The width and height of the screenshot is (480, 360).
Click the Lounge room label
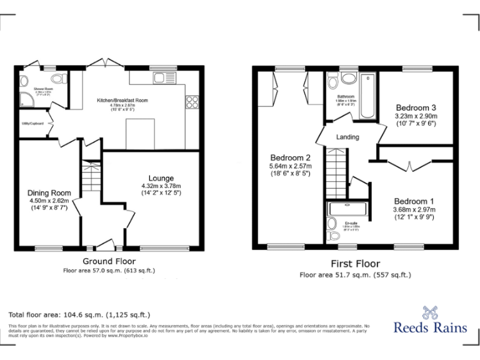(x=161, y=178)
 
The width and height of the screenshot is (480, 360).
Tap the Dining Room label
(x=49, y=192)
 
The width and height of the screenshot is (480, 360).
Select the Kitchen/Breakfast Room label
(x=122, y=100)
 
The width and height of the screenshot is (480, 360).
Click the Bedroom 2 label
(x=290, y=157)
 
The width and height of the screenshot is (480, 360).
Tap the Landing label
(x=347, y=137)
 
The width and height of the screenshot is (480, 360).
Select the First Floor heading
(x=355, y=264)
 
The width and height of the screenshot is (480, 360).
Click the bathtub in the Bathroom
(x=369, y=96)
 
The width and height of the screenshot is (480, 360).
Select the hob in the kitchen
(x=192, y=102)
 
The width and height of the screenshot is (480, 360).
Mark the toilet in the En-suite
(x=334, y=235)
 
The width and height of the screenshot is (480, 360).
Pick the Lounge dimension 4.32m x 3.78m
(x=161, y=186)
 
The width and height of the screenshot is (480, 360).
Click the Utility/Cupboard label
(x=32, y=124)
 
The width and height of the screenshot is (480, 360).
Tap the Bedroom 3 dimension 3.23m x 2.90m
(x=416, y=116)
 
